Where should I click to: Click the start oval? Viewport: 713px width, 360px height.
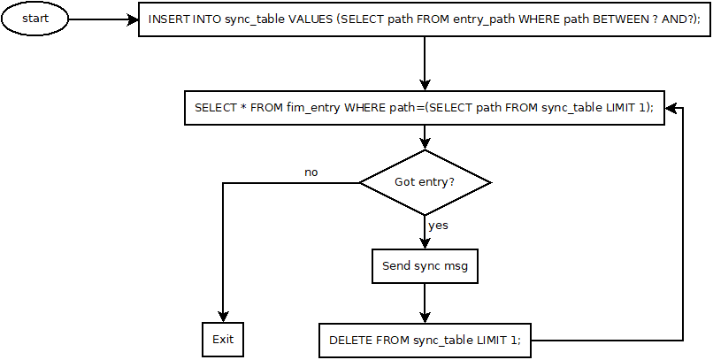tap(34, 19)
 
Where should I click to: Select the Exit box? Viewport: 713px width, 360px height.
tap(221, 340)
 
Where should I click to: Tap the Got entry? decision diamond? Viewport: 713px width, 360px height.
tap(425, 182)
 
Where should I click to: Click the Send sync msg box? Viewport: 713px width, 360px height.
tap(425, 265)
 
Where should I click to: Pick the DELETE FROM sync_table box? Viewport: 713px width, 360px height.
tap(425, 340)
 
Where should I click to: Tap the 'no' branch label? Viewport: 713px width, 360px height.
tap(310, 172)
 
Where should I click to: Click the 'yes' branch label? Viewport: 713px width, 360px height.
tap(438, 226)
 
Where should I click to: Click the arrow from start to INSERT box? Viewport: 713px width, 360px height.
tap(103, 19)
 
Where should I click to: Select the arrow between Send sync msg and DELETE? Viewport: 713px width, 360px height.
tap(425, 303)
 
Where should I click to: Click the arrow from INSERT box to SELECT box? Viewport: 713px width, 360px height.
tap(425, 63)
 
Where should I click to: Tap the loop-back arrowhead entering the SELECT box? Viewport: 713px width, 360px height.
tap(671, 108)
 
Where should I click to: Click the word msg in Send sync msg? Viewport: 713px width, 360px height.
tap(455, 265)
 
